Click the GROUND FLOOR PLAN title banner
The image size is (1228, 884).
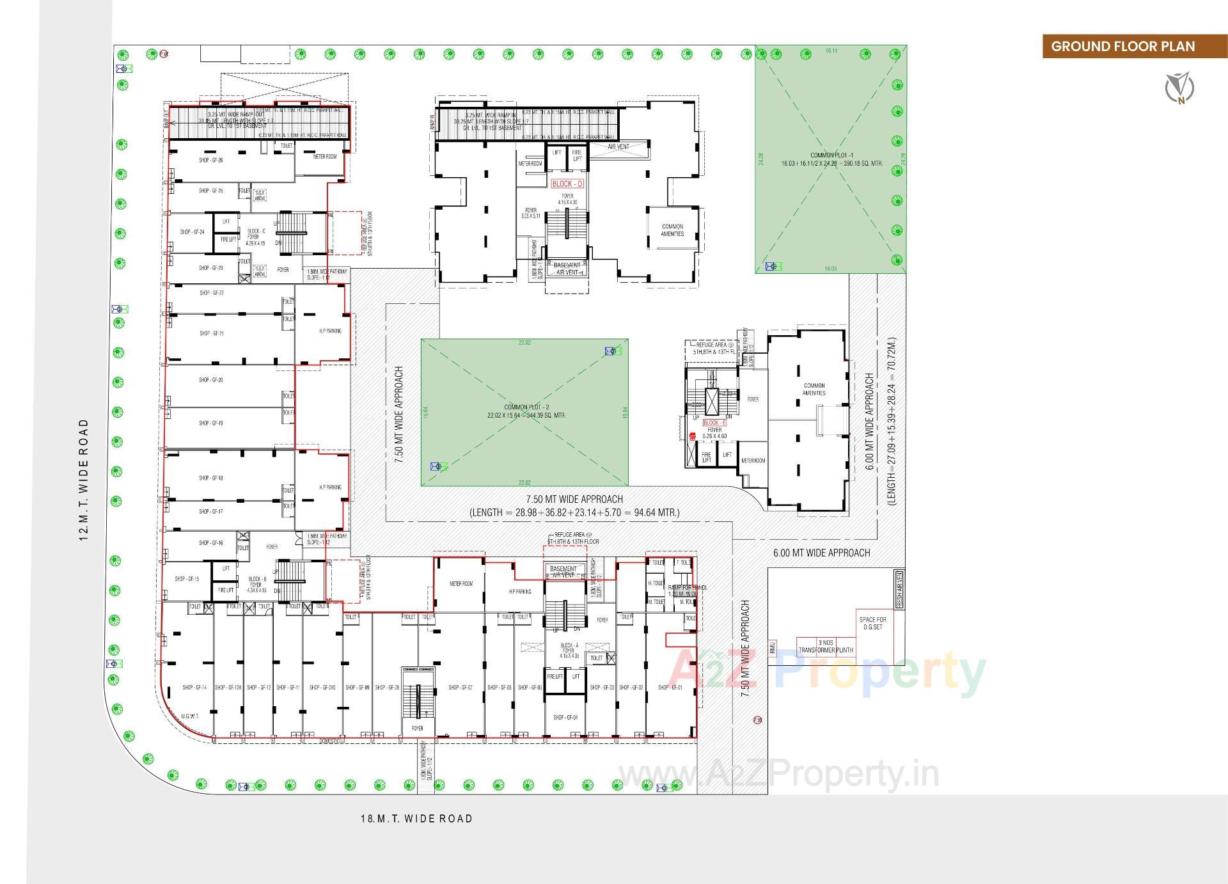1122,46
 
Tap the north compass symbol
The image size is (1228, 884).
1179,88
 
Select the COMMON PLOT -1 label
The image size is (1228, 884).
831,159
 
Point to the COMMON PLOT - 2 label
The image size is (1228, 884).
526,411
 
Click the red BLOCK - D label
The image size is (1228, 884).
567,184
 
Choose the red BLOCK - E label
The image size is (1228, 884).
714,423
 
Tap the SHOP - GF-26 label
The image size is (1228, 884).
211,160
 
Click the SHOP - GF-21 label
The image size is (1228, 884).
211,333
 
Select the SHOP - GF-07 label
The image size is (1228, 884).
460,688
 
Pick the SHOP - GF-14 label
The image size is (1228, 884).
194,688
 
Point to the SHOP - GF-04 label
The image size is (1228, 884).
565,718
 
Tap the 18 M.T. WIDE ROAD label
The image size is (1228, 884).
416,819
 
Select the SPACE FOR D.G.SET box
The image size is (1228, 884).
873,624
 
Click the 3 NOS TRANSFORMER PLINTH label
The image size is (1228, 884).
826,646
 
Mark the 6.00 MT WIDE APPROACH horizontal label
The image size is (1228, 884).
821,553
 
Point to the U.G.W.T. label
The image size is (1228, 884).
190,716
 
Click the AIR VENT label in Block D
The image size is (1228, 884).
618,147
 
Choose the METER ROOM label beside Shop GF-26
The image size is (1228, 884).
325,157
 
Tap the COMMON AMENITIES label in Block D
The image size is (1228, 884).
672,230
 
